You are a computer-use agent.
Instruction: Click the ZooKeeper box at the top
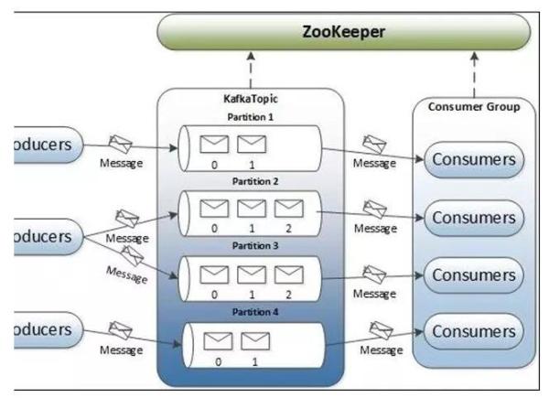(x=344, y=33)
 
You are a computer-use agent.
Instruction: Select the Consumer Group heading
(x=473, y=107)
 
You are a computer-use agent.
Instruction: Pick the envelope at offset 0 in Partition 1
(x=214, y=144)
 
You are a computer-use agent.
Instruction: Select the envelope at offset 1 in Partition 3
(x=252, y=274)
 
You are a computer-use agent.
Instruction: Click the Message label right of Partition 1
(x=375, y=163)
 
